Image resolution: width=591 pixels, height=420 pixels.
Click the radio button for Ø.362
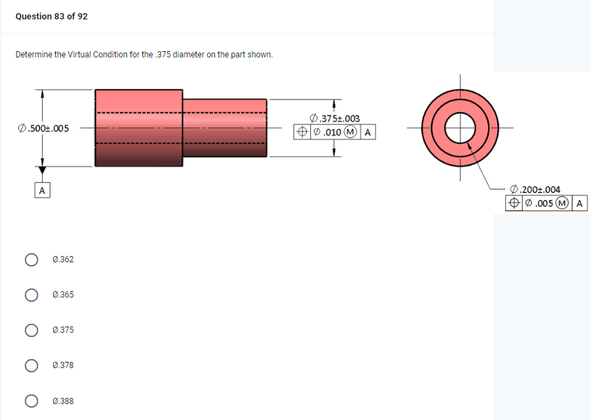(x=31, y=259)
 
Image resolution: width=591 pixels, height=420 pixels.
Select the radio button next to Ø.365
(x=31, y=295)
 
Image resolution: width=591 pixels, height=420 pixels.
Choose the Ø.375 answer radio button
(x=31, y=330)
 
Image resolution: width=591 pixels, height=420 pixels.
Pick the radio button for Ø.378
(x=31, y=365)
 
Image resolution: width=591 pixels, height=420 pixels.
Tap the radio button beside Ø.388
(x=31, y=401)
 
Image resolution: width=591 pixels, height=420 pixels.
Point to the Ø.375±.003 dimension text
(x=335, y=119)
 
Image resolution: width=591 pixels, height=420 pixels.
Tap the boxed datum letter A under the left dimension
(x=42, y=190)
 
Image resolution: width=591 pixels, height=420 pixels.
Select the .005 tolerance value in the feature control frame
(x=543, y=203)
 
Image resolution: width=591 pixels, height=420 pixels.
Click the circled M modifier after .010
(x=352, y=131)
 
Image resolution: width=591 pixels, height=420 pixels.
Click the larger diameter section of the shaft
(x=139, y=128)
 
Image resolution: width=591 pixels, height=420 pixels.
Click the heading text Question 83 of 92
(x=52, y=16)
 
